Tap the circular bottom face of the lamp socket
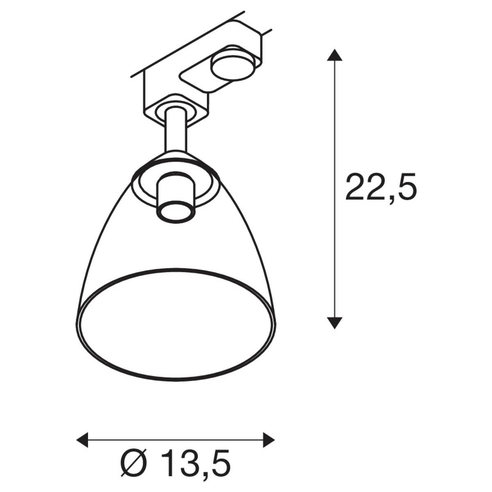tap(175, 212)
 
